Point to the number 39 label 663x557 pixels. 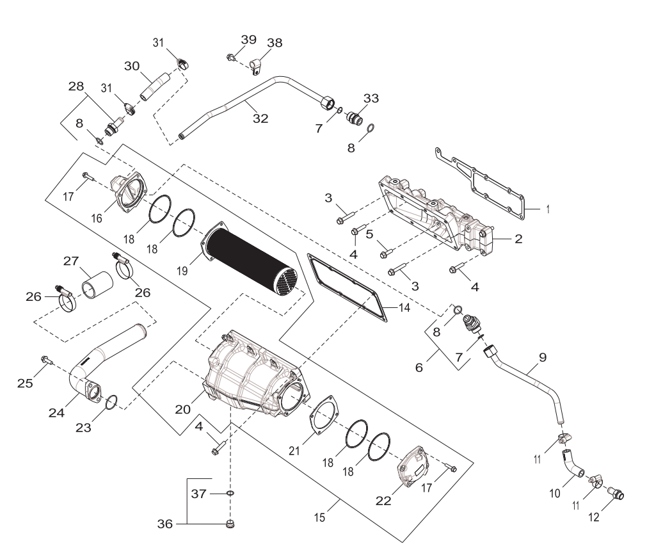pos(249,40)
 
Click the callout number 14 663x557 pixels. pos(403,307)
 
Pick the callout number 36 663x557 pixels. pos(166,524)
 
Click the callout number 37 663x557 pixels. pos(198,494)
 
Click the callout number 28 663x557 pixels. pos(76,85)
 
